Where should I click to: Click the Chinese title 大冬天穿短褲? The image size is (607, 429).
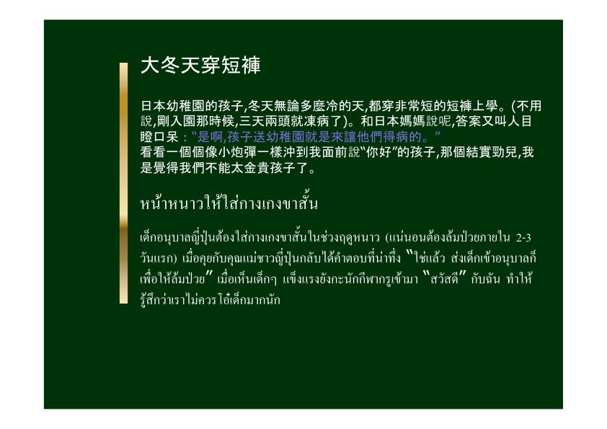click(200, 65)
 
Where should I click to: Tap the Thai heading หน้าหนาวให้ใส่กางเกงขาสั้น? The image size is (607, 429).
click(229, 203)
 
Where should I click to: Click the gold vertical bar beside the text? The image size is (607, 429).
click(123, 183)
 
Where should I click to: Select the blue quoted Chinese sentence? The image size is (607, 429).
click(316, 137)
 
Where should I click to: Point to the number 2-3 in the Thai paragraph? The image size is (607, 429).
click(523, 237)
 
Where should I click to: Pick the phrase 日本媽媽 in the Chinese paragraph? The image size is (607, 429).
click(399, 121)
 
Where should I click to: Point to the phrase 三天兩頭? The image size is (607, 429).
click(265, 121)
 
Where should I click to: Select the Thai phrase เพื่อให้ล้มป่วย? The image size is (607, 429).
click(172, 279)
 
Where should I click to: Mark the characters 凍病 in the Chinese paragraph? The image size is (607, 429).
click(318, 121)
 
